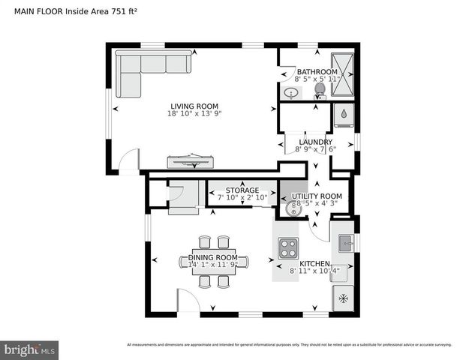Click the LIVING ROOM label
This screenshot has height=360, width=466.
[x=194, y=106]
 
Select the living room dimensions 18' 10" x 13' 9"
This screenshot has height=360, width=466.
[x=194, y=114]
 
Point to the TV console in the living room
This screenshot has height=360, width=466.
[x=191, y=161]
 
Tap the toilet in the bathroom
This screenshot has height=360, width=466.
[x=320, y=90]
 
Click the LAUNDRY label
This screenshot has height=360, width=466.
[x=315, y=141]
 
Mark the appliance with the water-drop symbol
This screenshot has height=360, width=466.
[x=343, y=115]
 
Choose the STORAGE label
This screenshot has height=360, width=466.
[x=242, y=190]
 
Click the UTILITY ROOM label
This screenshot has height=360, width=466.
[x=305, y=196]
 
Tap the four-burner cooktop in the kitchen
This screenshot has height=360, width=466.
[x=288, y=247]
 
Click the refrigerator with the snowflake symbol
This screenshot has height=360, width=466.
[x=344, y=298]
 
